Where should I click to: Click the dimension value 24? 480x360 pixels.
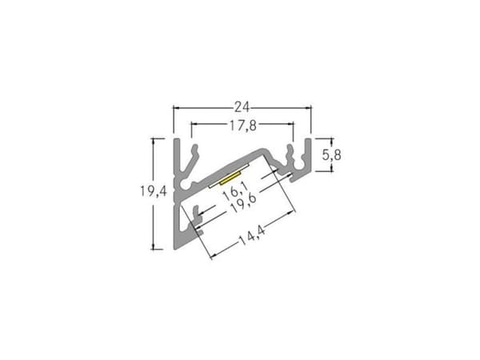(242, 107)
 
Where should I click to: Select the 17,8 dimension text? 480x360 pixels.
(243, 126)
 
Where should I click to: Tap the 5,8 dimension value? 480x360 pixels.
(331, 155)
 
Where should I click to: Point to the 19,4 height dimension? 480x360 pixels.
(154, 192)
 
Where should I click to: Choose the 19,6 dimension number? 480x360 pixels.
(242, 202)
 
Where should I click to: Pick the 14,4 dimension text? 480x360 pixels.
(252, 235)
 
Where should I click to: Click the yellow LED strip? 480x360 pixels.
(230, 178)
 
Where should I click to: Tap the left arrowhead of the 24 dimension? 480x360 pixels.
(176, 108)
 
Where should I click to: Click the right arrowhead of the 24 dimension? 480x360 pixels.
(308, 108)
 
